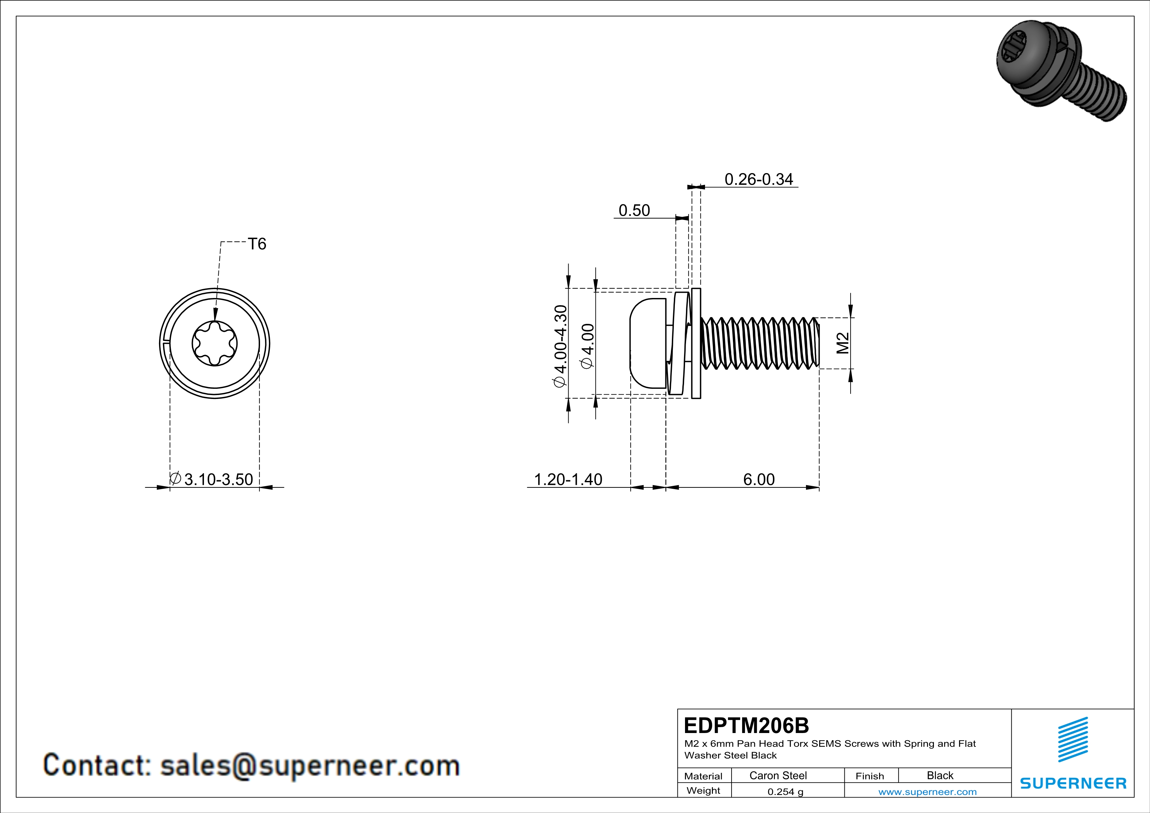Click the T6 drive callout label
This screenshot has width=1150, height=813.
tap(257, 244)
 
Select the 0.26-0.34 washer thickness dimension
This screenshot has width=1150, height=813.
tap(758, 179)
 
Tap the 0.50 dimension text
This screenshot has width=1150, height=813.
tap(634, 210)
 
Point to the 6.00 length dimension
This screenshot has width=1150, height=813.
tap(758, 479)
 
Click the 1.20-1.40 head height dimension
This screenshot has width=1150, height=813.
tap(568, 479)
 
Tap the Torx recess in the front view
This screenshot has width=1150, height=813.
tap(215, 344)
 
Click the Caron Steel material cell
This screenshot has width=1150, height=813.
tap(778, 775)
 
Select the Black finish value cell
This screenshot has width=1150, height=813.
tap(939, 775)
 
